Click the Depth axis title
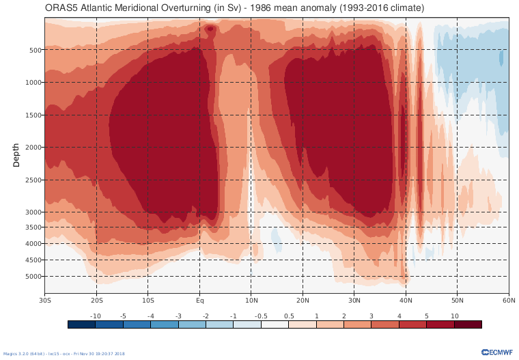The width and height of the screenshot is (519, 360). [16, 155]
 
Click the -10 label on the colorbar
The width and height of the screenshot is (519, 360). [96, 316]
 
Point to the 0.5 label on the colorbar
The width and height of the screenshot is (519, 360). [288, 316]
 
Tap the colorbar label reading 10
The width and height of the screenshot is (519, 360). [454, 316]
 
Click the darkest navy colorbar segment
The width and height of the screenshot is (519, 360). [81, 324]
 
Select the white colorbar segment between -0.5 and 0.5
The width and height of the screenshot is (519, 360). [275, 324]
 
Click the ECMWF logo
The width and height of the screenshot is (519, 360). [496, 352]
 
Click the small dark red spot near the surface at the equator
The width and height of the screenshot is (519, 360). [210, 29]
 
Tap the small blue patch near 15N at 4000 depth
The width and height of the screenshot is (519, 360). [276, 236]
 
